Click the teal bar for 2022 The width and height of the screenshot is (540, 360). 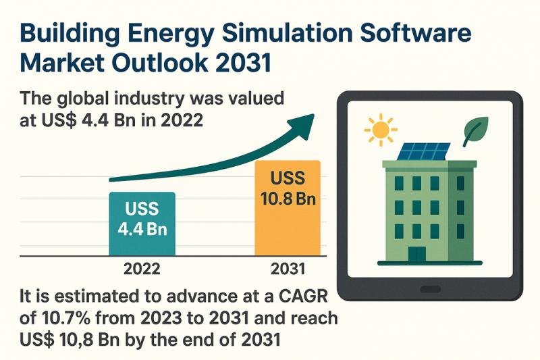pos(142,224)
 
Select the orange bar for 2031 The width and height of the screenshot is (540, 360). pos(288,208)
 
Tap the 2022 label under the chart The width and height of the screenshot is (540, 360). pos(142,269)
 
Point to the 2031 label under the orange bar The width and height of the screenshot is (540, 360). pos(288,269)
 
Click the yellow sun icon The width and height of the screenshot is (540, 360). pos(381,130)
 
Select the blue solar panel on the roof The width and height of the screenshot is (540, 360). pos(424,151)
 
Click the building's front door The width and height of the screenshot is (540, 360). pos(417,253)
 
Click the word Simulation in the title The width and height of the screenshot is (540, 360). pos(288,33)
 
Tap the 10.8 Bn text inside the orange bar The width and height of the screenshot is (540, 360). pos(288,199)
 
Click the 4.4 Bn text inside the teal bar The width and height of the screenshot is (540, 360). pos(142,229)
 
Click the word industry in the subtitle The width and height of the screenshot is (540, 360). pos(149,99)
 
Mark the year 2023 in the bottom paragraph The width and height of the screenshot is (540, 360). pos(160,318)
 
